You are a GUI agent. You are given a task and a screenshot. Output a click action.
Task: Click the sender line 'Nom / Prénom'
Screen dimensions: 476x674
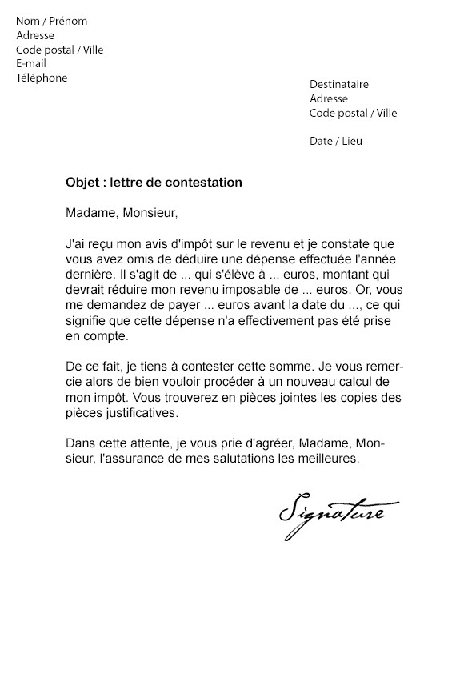point(51,22)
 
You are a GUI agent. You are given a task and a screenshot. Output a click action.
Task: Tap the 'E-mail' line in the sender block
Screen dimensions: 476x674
point(31,64)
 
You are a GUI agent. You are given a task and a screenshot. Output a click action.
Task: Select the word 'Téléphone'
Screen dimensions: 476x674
point(42,78)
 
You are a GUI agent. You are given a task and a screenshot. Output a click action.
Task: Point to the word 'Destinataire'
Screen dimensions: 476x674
point(339,85)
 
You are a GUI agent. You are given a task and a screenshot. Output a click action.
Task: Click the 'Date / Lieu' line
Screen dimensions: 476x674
point(336,142)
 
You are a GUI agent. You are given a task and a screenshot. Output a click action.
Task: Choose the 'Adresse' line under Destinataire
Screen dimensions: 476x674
point(329,99)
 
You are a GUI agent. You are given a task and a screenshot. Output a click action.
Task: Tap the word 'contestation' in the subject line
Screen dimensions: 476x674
point(209,183)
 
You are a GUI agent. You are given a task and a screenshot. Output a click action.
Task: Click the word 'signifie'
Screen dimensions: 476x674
point(87,319)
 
